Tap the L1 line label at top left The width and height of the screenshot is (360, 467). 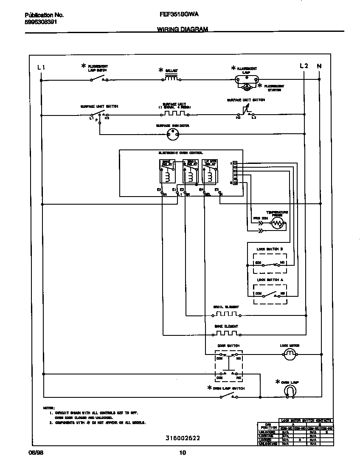point(41,66)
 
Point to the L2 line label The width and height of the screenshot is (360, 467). point(304,66)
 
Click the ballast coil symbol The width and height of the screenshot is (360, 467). point(171,78)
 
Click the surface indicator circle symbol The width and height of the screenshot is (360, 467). point(173,135)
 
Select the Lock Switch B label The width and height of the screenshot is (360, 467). point(270,249)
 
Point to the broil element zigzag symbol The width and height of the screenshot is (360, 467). point(226,315)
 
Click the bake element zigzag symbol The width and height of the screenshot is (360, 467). point(226,334)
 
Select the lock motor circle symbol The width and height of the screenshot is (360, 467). point(290,354)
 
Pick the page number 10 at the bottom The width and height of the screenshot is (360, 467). point(182,453)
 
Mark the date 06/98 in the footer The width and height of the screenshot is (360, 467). point(37,453)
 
